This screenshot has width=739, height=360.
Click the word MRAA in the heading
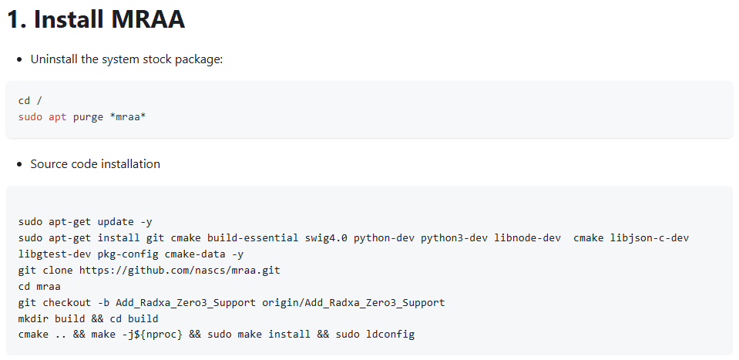[147, 19]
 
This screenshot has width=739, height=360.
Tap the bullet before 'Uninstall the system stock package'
[19, 60]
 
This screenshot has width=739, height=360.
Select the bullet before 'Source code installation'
[19, 164]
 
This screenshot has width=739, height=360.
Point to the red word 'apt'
[58, 117]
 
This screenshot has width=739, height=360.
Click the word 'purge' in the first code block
[88, 117]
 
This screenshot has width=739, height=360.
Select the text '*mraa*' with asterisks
[128, 117]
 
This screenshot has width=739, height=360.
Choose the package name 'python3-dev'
[455, 238]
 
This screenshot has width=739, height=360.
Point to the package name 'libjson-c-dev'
[650, 238]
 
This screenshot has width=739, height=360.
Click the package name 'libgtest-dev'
[55, 254]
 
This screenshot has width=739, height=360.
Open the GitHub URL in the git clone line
[180, 271]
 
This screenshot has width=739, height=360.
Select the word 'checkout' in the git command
[67, 302]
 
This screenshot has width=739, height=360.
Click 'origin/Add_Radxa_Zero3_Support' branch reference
[354, 302]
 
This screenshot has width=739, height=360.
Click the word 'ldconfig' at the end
[390, 335]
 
